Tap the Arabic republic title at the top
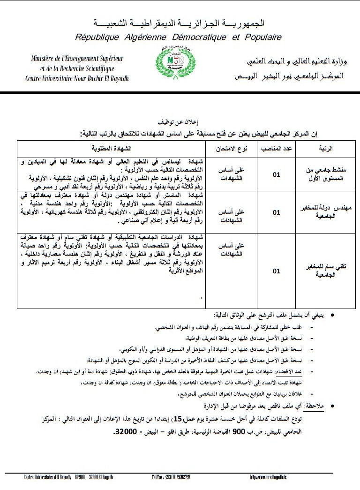coord(179,23)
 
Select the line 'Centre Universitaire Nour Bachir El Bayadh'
coord(77,78)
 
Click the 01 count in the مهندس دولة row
coord(277,213)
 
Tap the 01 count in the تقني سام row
coord(277,271)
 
